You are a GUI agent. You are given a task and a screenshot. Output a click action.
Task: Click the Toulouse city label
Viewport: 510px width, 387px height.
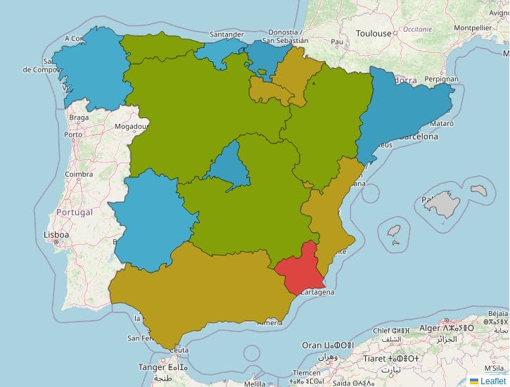(373, 33)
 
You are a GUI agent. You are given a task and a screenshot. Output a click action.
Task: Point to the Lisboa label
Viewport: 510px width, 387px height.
(56, 234)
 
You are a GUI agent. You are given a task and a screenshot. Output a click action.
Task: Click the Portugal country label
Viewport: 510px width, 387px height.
(74, 212)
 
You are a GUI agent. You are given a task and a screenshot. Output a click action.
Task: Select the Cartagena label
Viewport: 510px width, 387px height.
(316, 291)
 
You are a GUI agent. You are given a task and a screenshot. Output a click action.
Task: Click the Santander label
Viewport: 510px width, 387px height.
(227, 34)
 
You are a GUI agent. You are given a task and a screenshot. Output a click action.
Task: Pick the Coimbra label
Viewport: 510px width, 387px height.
(79, 174)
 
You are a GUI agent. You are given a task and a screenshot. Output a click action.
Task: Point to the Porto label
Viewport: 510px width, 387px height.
(73, 134)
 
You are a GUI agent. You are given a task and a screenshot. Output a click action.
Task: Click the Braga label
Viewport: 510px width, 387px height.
(79, 118)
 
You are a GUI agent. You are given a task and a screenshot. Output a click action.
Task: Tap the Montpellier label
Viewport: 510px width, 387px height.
(471, 28)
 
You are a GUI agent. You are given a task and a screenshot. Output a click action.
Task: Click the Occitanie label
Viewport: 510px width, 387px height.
(418, 30)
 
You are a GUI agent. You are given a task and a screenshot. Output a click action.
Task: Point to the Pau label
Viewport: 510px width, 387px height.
(337, 42)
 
